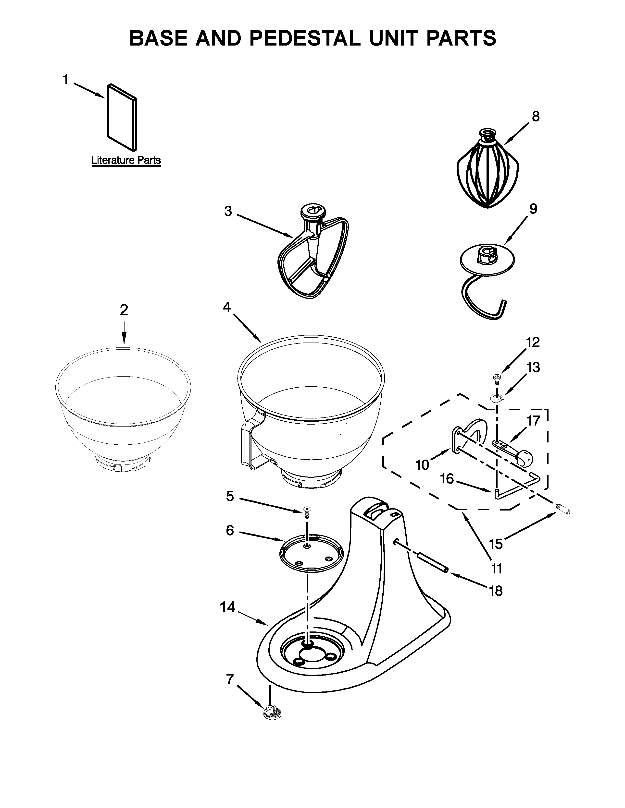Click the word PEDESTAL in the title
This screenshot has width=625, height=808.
[304, 38]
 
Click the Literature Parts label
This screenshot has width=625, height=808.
[126, 161]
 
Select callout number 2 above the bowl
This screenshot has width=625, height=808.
[124, 310]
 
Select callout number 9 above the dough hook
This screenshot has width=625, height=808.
[532, 209]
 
